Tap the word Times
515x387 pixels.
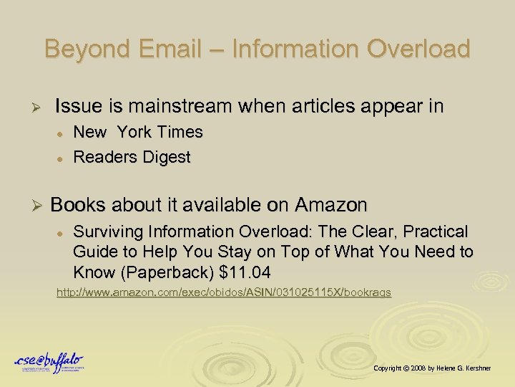coord(180,133)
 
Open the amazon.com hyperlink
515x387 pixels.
coord(224,293)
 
